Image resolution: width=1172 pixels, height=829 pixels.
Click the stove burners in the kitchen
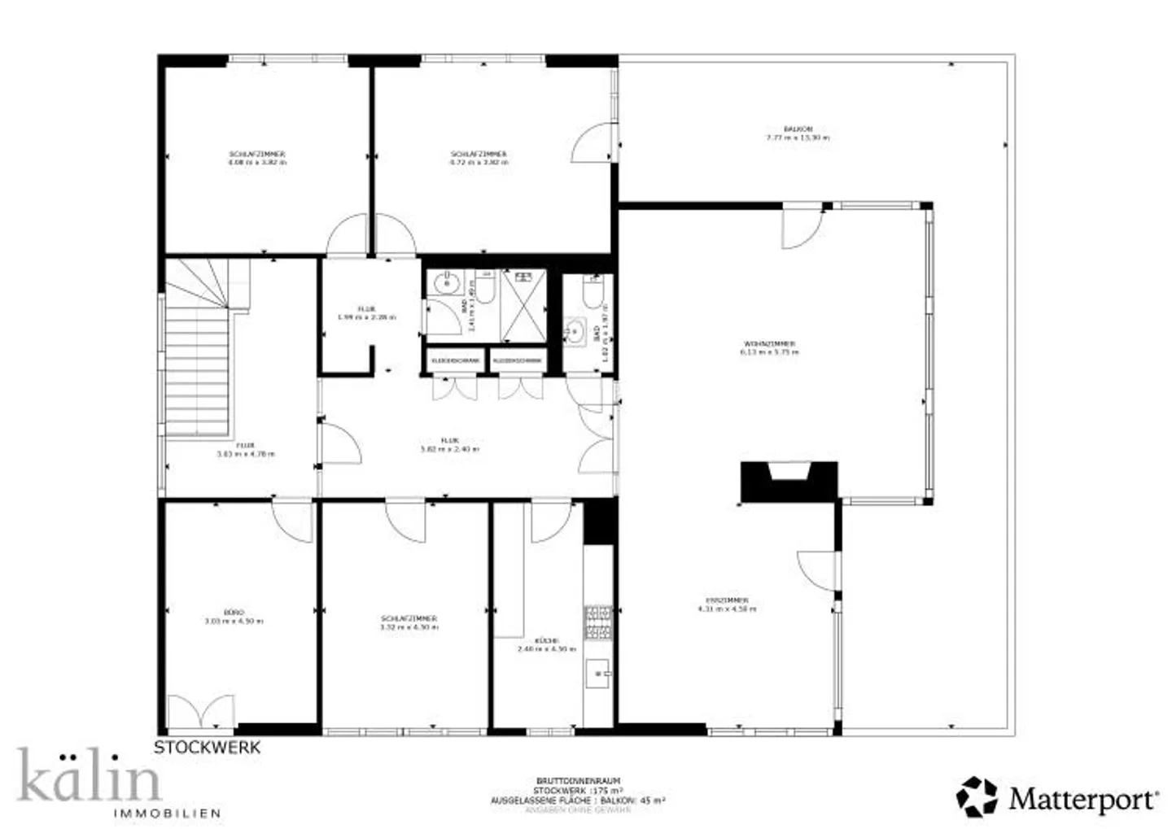598,622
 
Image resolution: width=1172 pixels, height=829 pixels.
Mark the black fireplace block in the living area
788,481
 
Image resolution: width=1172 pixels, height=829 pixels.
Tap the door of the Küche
551,522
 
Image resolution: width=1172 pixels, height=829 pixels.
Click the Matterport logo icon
977,796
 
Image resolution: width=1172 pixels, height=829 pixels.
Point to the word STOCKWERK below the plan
208,748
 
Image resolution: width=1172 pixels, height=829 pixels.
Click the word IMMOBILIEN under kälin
167,813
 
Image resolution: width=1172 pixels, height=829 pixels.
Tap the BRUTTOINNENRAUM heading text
578,781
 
